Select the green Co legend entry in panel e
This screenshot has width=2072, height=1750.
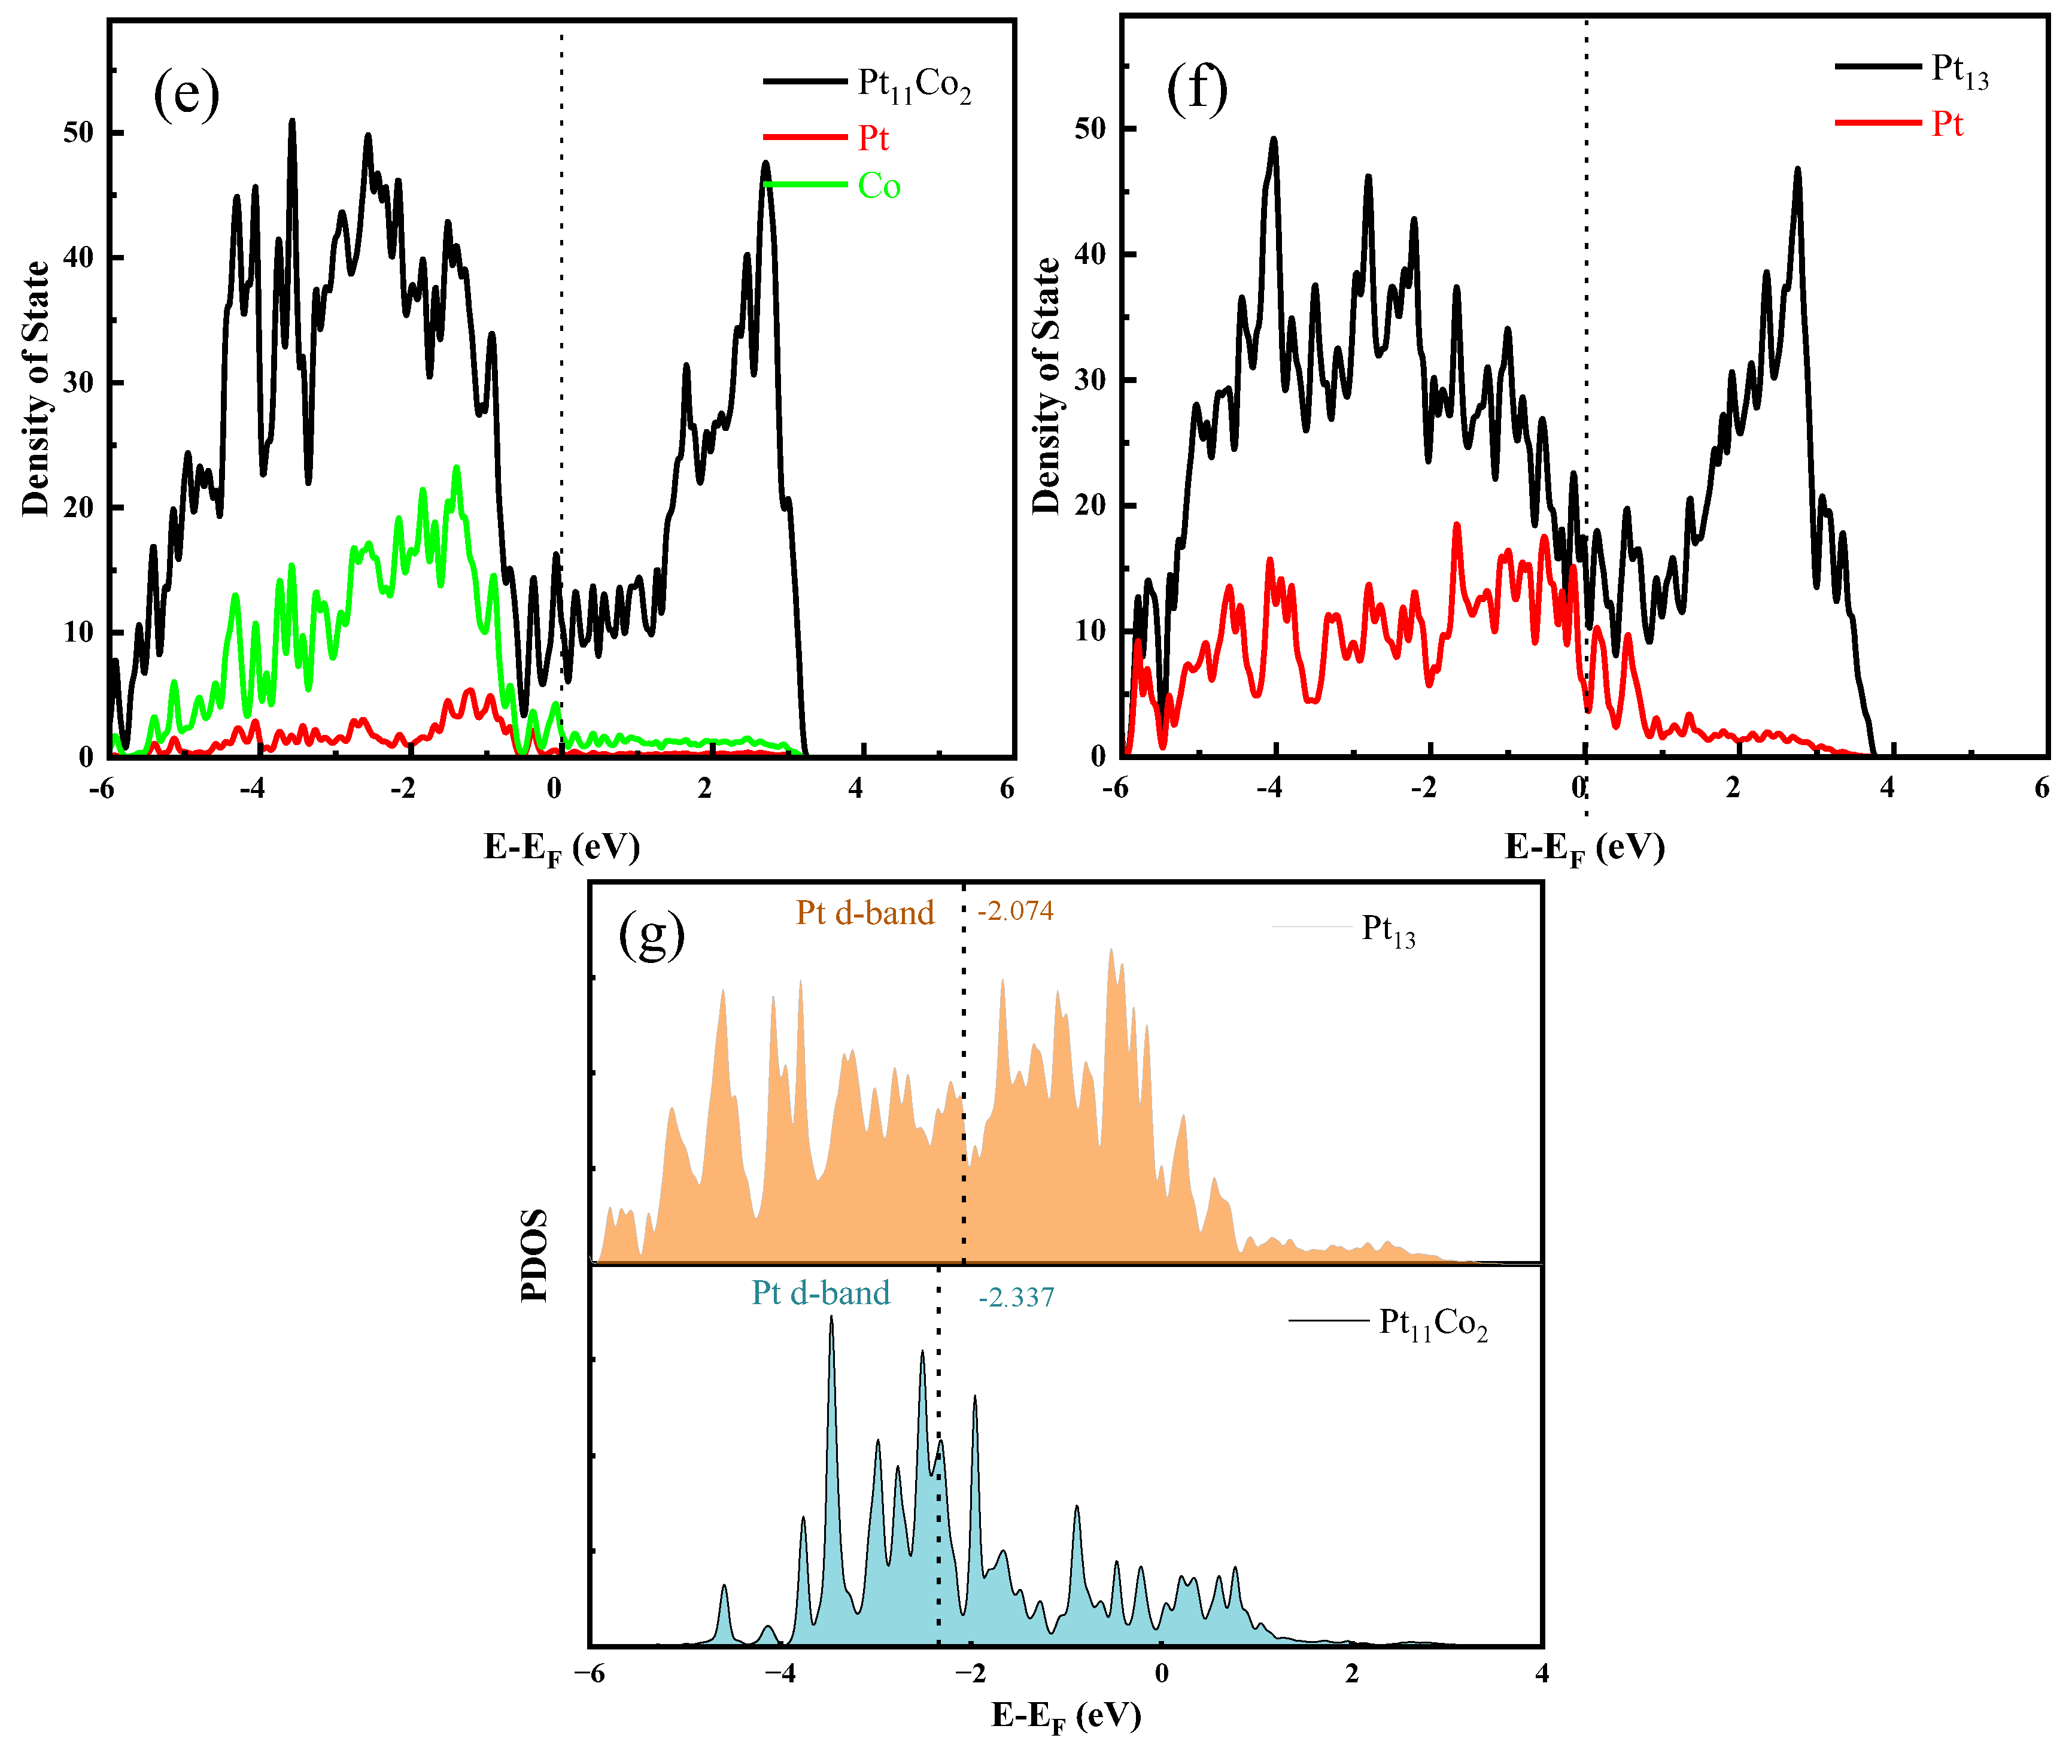click(878, 187)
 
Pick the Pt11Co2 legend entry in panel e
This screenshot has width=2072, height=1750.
click(913, 84)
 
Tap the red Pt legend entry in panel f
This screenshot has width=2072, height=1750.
click(1946, 125)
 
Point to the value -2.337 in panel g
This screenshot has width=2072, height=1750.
click(1016, 1298)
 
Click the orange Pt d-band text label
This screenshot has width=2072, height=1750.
click(865, 913)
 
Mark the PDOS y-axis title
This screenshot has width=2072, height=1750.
click(534, 1255)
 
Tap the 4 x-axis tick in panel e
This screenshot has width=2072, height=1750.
click(855, 789)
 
